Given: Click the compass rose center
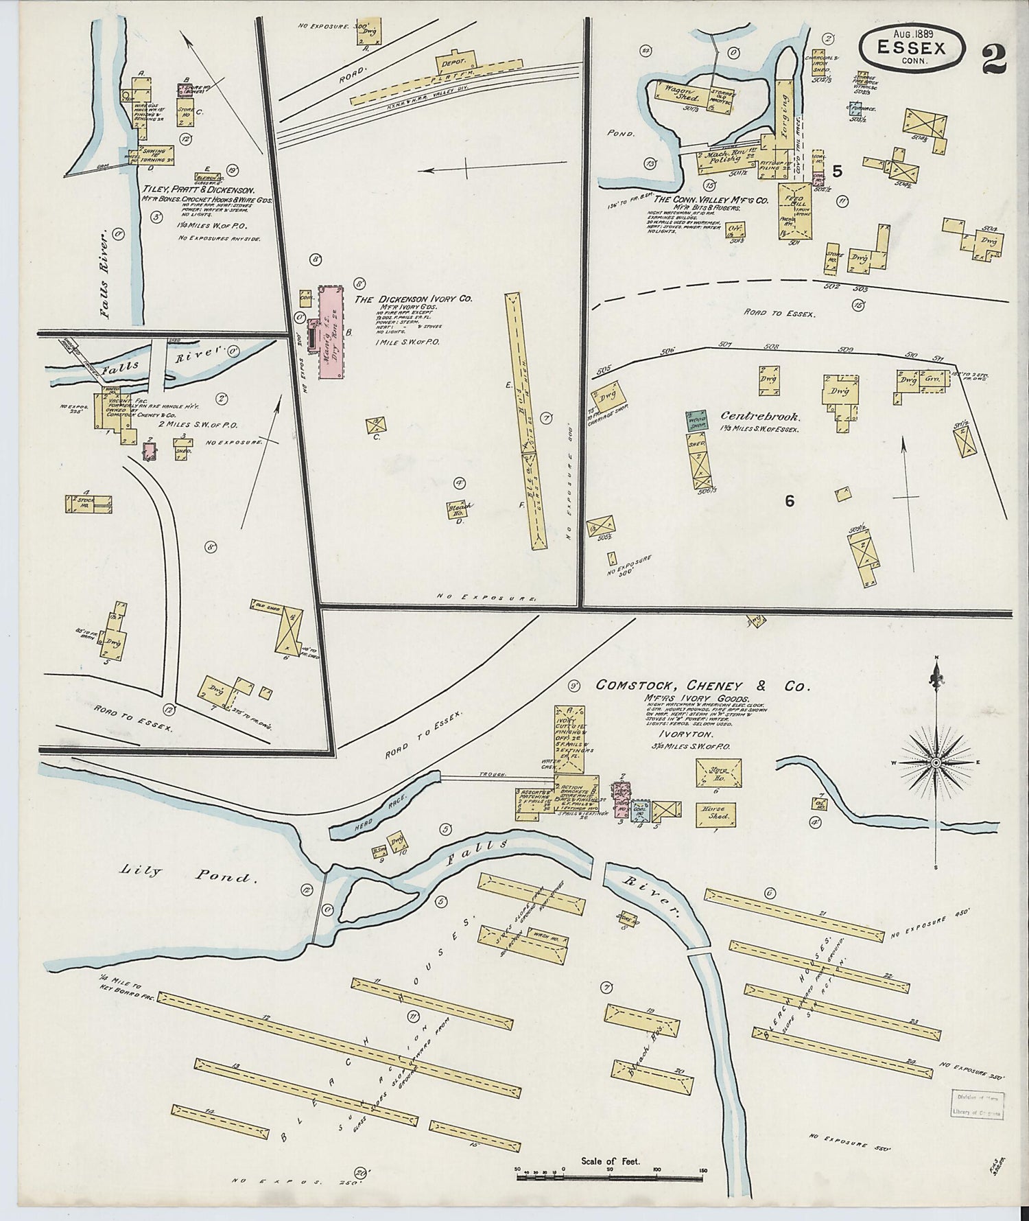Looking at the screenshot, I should coord(936,763).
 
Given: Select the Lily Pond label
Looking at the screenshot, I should coord(189,874).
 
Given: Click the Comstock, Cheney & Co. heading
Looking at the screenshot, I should coord(702,686).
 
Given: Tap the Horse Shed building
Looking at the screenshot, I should coord(717,811).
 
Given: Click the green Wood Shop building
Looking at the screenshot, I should coord(696,421).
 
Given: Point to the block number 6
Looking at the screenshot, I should coord(789,502).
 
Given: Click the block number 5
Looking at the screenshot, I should coord(836,170).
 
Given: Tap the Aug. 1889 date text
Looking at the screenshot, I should coord(912,33).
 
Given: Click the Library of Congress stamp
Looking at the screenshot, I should coord(977,1105).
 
